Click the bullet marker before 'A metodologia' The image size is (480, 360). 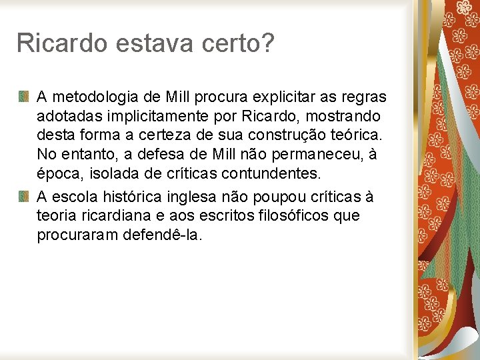pos(23,97)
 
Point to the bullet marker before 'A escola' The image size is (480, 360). pos(23,196)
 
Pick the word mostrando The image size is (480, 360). pos(346,117)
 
